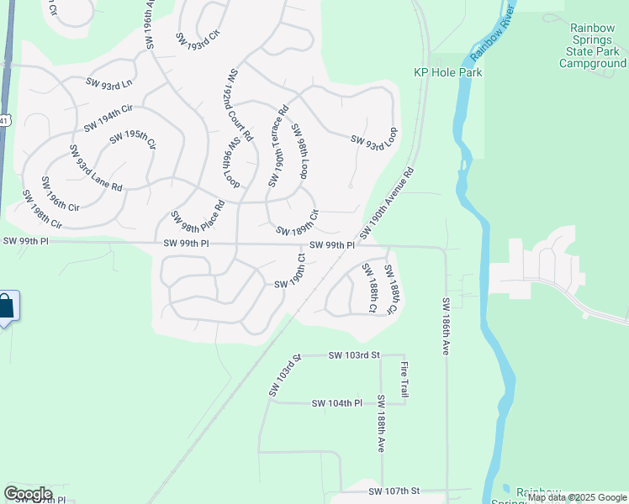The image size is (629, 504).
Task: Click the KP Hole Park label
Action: click(448, 72)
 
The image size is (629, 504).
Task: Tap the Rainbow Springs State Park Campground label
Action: click(593, 45)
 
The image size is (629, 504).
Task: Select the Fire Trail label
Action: click(404, 379)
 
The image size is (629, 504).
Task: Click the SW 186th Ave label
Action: click(447, 325)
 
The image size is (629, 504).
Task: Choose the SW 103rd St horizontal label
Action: click(354, 356)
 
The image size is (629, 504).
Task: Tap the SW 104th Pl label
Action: click(336, 403)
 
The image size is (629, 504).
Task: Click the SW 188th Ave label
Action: click(381, 424)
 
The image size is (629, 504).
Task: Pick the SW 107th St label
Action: click(393, 491)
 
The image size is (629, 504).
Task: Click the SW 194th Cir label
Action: click(109, 118)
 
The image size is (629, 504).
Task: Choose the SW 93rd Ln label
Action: click(109, 82)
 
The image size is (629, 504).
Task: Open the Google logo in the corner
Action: click(28, 493)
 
